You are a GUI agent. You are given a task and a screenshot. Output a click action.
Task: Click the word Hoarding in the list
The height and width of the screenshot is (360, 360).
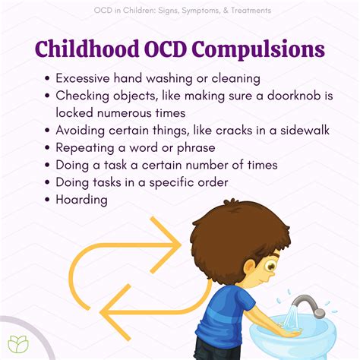[x=81, y=200]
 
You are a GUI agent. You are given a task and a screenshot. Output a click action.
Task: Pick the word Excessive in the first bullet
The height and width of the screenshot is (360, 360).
[x=83, y=77]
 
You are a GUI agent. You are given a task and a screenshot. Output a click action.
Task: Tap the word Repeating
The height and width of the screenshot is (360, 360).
[x=84, y=147]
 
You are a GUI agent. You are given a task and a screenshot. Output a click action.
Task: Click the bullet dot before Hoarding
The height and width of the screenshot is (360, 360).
[x=48, y=201]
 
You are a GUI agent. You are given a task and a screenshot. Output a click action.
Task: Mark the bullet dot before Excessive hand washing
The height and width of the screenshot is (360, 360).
[x=48, y=78]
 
